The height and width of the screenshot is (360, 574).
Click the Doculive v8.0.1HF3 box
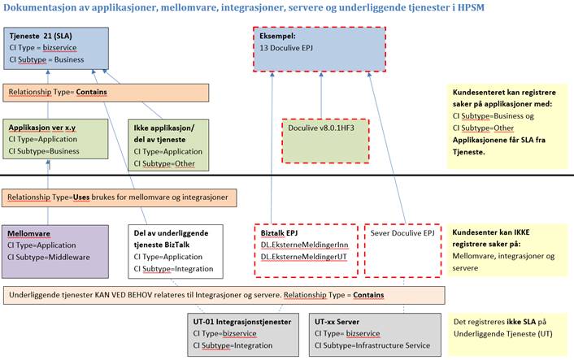[x=324, y=140]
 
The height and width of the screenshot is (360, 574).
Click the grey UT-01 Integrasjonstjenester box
[x=241, y=333]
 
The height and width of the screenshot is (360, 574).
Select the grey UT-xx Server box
[x=374, y=333]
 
